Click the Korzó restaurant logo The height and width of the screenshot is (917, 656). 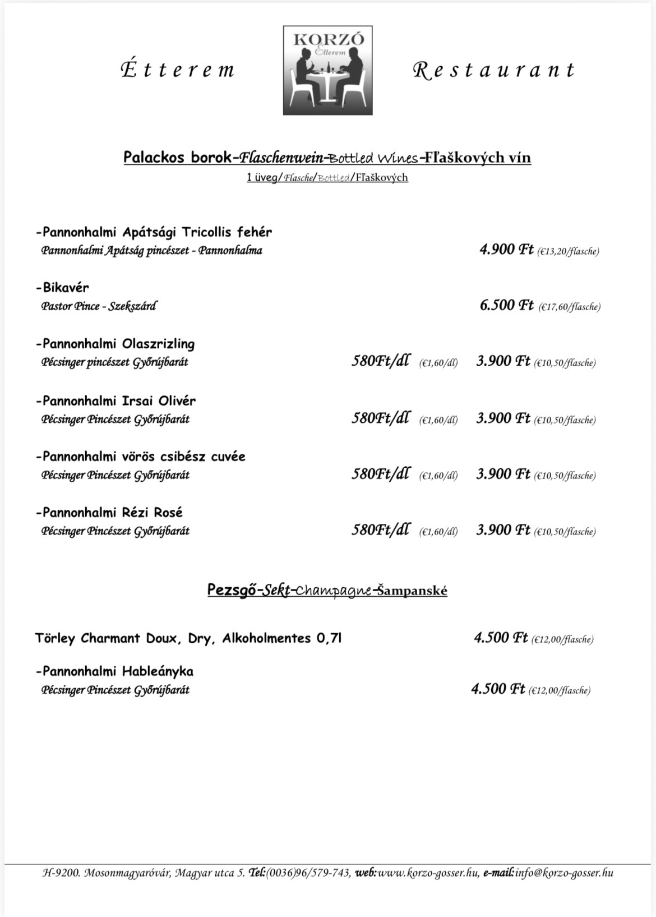tap(327, 70)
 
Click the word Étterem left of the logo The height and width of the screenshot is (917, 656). tap(178, 70)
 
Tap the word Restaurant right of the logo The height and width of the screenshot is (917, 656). tap(493, 70)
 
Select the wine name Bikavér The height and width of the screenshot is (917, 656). tap(63, 288)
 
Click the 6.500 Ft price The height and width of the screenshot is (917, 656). tap(506, 305)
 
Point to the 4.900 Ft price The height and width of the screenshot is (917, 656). tap(506, 249)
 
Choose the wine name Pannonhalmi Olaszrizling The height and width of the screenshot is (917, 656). tap(116, 344)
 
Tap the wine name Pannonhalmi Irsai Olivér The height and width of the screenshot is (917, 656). tap(116, 401)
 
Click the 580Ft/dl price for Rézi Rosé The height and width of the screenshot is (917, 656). tap(380, 529)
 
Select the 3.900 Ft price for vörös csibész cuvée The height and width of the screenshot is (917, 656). tap(503, 474)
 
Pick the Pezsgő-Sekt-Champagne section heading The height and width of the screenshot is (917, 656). tap(327, 591)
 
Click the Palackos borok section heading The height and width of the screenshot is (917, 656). tap(327, 158)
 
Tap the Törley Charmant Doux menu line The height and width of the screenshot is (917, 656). tap(188, 638)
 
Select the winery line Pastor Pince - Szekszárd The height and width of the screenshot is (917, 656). tap(99, 306)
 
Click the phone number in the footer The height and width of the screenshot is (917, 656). tap(309, 873)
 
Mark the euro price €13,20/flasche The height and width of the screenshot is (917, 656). tap(567, 251)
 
